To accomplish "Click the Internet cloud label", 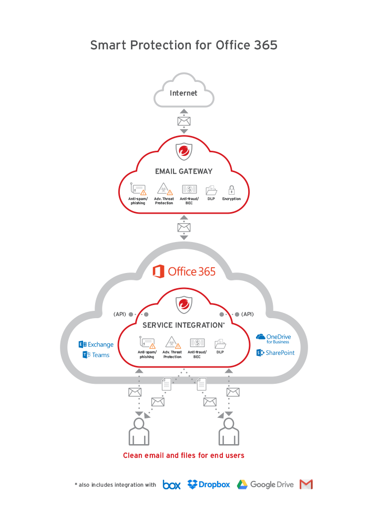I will click(x=183, y=93).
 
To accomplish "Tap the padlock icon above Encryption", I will click(x=231, y=190).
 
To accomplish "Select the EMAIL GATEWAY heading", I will click(x=183, y=171).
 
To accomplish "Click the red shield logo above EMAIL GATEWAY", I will click(x=183, y=152).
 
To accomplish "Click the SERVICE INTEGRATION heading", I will click(x=183, y=325).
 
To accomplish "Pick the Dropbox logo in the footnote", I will click(x=209, y=485).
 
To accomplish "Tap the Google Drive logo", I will click(x=265, y=485).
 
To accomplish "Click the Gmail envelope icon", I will click(x=306, y=485).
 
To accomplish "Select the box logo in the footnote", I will click(x=171, y=485).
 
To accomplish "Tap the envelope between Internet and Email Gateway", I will click(x=183, y=121).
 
